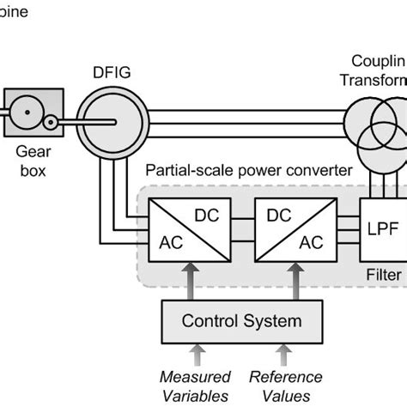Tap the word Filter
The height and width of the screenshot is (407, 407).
pos(384,276)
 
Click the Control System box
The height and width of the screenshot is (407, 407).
pos(241,321)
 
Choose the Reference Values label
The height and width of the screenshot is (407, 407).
pos(286,386)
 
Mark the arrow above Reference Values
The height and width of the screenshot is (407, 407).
pos(286,355)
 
